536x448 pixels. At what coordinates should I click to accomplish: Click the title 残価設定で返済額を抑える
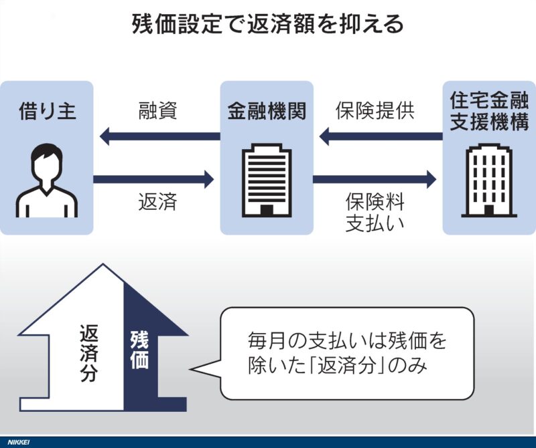(x=267, y=25)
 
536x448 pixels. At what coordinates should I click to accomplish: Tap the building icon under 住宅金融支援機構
(x=488, y=181)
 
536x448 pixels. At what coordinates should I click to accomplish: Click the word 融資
(x=157, y=110)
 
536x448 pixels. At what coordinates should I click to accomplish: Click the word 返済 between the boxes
(x=157, y=201)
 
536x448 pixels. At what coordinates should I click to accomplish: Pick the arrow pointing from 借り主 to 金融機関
(x=154, y=179)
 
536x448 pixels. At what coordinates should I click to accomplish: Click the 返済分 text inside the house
(x=89, y=353)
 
